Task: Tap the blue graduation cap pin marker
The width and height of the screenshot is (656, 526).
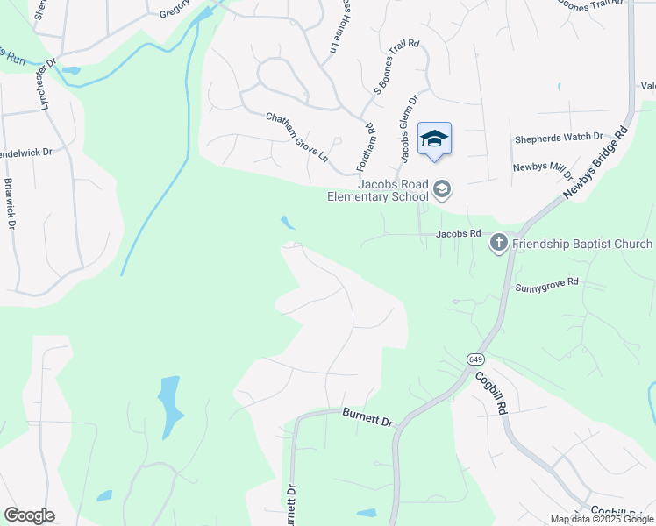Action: coord(434,140)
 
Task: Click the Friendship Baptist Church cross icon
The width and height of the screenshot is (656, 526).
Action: coord(499,243)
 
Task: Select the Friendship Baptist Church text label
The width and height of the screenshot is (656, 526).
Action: coord(582,244)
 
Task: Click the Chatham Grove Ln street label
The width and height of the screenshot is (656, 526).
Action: coord(296,137)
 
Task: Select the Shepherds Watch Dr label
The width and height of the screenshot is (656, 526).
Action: coord(559,137)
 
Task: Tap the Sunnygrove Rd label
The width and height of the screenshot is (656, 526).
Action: coord(548,283)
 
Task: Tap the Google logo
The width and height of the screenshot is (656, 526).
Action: coord(29,515)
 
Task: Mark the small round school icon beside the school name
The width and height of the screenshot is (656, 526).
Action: coord(443,189)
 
